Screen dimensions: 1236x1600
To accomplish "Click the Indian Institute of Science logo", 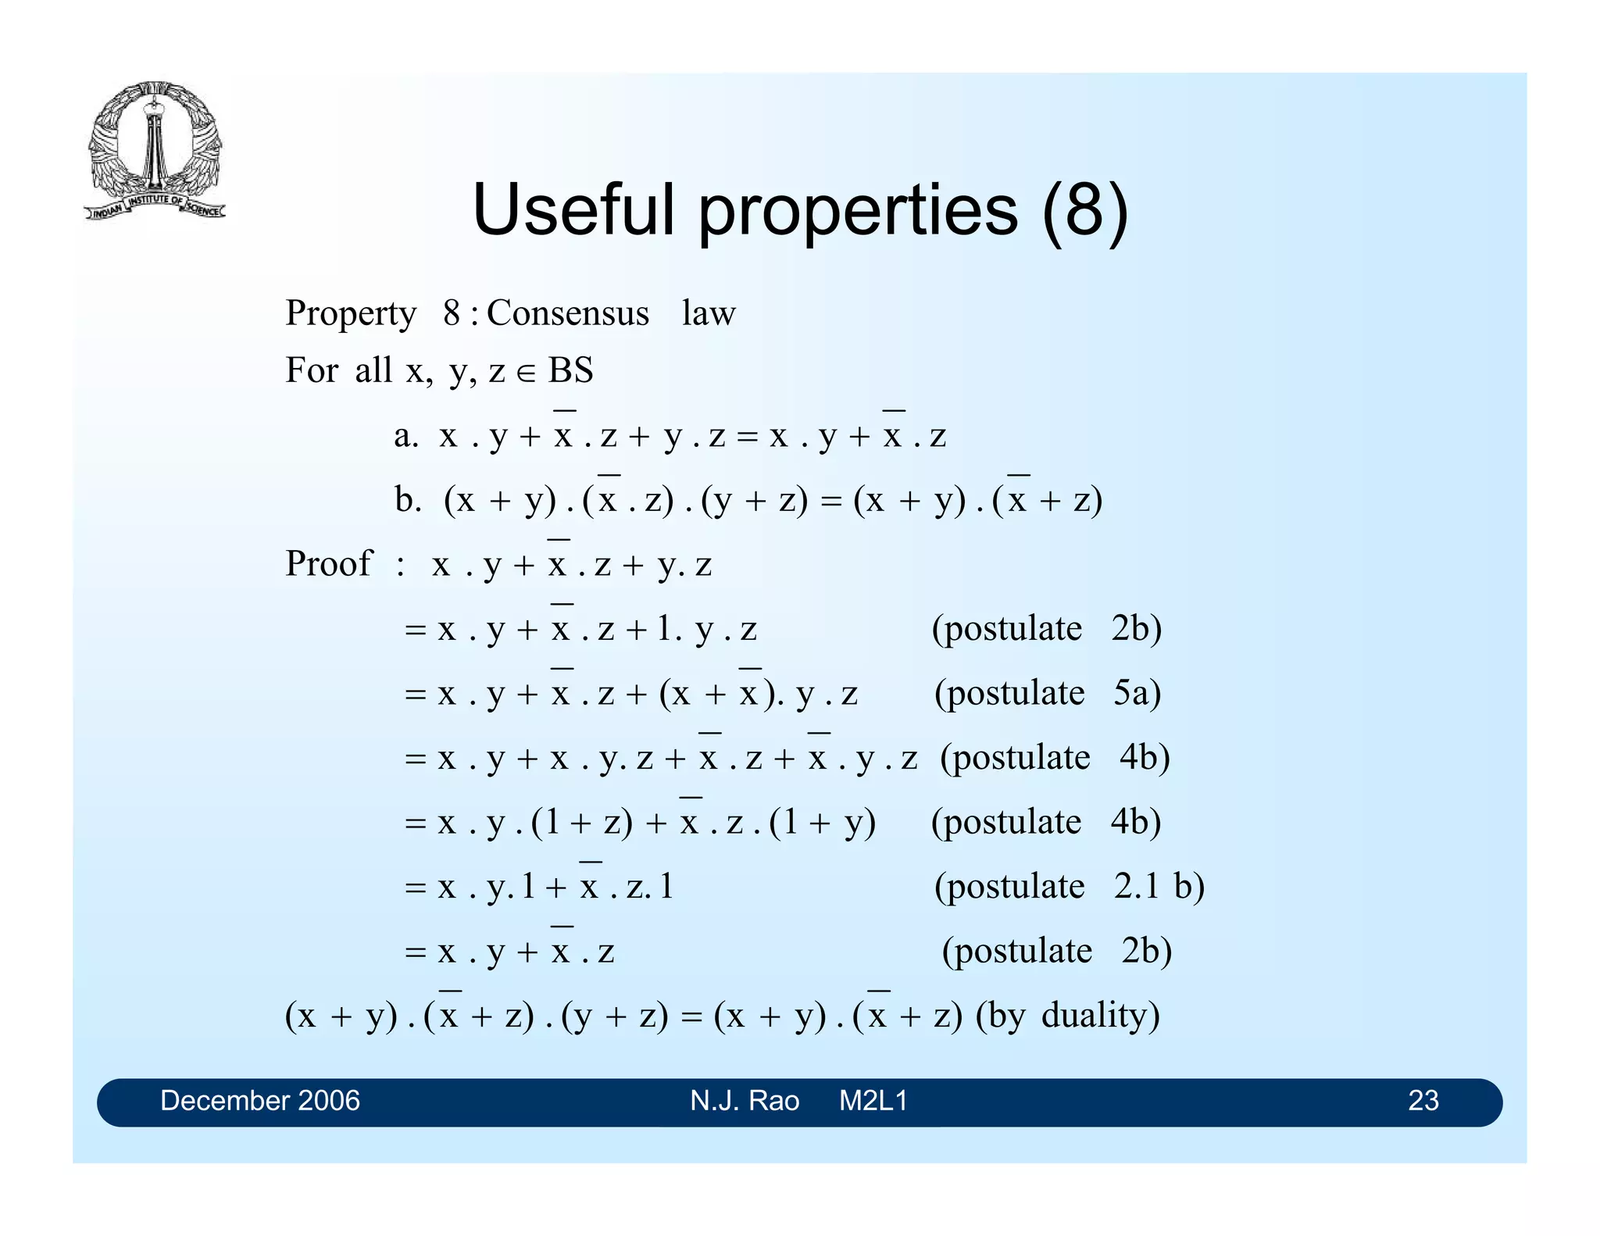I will coord(155,150).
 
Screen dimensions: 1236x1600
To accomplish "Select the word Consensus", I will coord(568,313).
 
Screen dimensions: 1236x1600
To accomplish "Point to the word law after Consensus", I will coord(709,313).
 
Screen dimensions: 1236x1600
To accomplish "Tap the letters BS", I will coord(571,370).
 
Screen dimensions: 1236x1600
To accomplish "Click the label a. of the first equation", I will coord(405,436).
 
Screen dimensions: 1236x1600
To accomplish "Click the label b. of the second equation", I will coord(408,500).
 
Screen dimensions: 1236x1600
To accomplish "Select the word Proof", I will coord(328,564).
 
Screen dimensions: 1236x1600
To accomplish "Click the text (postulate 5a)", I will coord(1048,693).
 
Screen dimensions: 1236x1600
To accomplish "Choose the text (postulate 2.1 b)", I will coord(1069,887).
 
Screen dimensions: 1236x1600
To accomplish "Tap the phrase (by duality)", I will coord(1067,1016).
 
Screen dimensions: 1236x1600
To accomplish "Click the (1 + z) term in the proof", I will coord(582,823).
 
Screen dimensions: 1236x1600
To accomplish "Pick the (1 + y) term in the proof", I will coord(822,823).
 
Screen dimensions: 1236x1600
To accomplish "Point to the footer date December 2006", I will coord(259,1101).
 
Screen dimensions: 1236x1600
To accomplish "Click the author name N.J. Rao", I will coord(745,1101).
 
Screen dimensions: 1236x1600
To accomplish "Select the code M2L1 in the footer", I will coord(873,1101).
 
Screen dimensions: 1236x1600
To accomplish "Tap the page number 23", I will coord(1423,1101).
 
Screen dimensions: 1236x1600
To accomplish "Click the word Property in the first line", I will coord(351,313).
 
